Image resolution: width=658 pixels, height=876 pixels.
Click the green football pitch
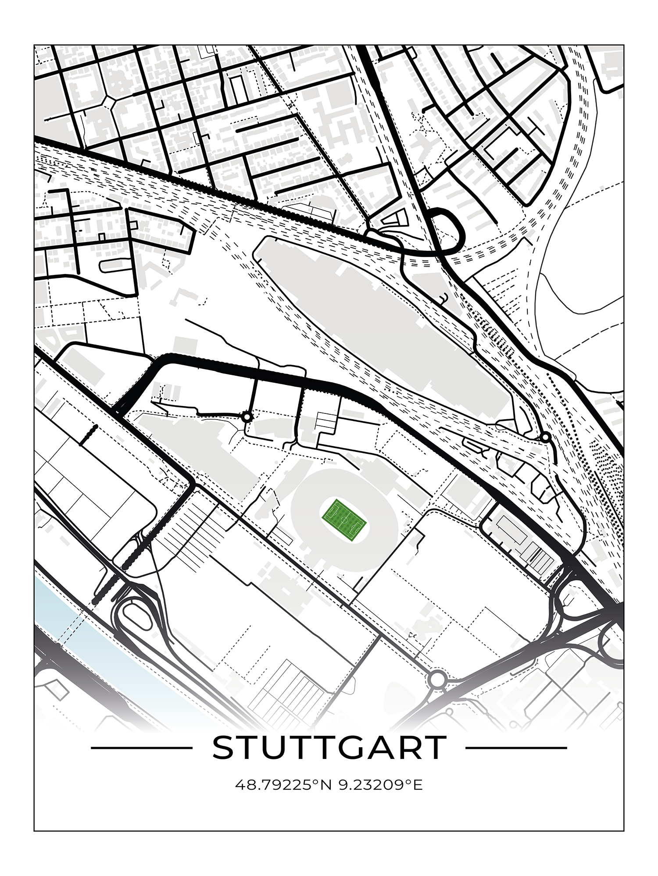(345, 520)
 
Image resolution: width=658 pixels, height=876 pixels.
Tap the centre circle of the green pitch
(345, 520)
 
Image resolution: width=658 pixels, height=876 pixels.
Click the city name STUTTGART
(329, 748)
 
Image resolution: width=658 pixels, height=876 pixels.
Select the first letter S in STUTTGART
(223, 748)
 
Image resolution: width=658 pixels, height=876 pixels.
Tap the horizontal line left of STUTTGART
(141, 748)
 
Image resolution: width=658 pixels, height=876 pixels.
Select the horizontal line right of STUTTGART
(516, 748)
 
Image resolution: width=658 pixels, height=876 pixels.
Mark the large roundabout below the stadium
(437, 680)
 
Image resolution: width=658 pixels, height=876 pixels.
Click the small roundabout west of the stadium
(247, 417)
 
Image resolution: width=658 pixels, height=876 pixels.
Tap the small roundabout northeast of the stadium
(545, 437)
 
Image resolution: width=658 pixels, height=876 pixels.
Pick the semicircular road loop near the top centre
(452, 230)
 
